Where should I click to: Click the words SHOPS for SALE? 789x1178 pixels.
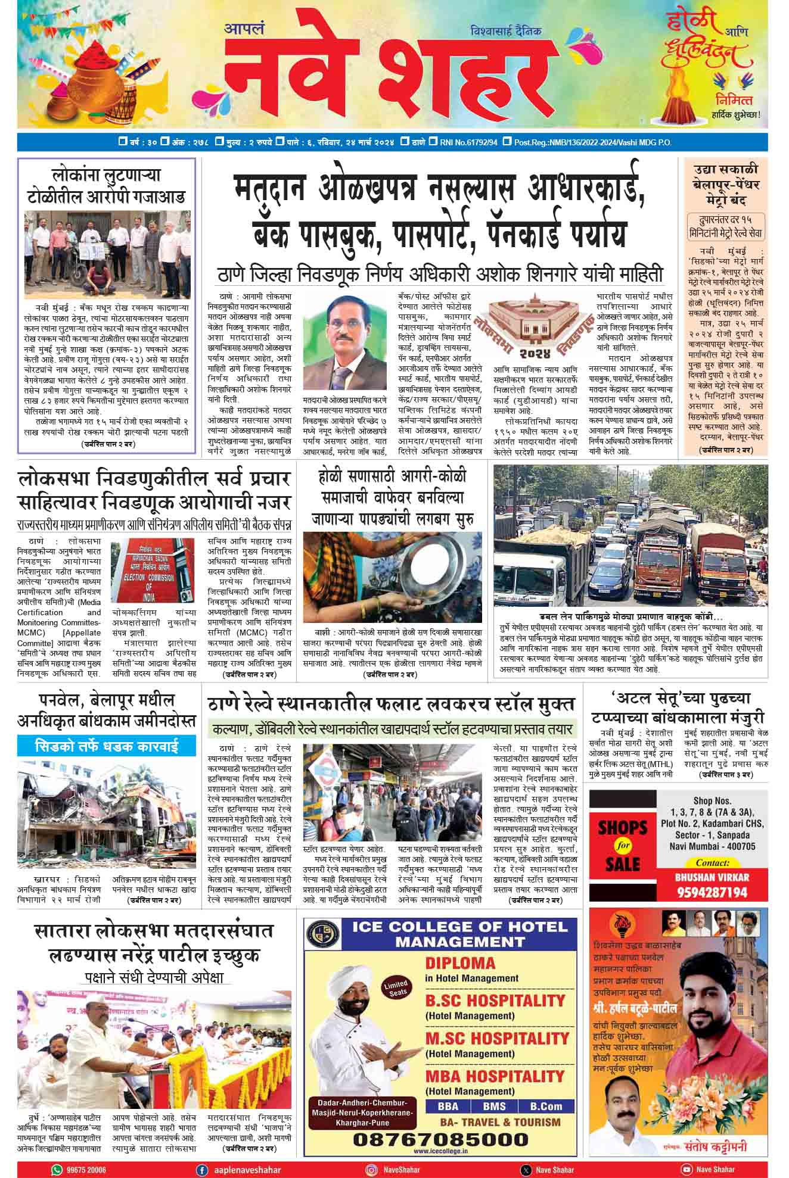[623, 845]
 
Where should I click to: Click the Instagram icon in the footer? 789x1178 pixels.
[371, 1170]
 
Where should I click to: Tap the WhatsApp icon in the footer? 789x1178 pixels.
[57, 1170]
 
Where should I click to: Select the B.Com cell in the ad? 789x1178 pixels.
[546, 1107]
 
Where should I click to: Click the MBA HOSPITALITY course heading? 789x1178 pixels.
[494, 1077]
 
